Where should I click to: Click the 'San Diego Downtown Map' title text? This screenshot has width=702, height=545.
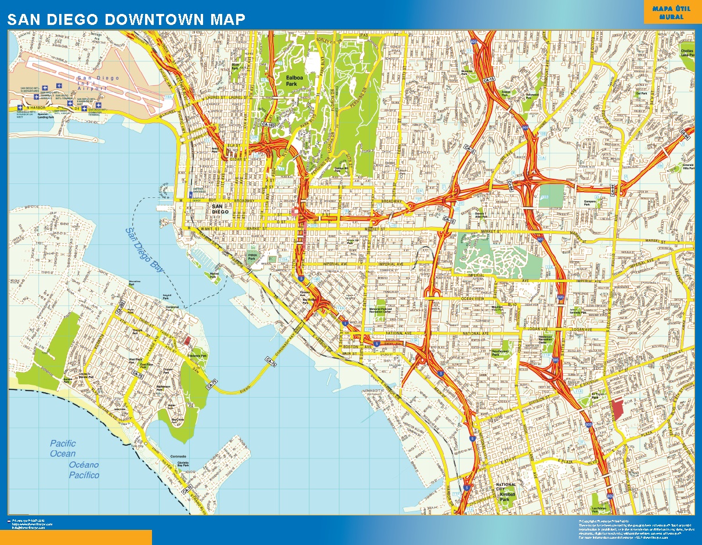point(126,19)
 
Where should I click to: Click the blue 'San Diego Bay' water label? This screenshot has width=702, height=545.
point(146,247)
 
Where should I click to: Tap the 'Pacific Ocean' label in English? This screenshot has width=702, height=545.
point(63,449)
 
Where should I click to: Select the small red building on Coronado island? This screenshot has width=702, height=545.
point(186,340)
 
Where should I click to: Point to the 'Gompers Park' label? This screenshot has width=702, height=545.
point(591,203)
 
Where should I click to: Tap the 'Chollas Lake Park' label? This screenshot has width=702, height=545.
point(687,52)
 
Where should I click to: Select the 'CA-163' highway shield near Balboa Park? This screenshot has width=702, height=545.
point(267,124)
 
